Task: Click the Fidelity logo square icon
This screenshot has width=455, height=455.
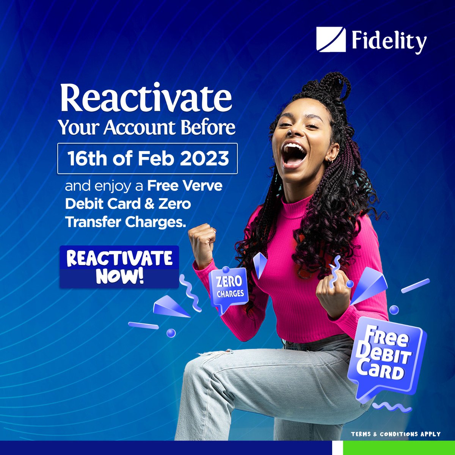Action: pos(331,39)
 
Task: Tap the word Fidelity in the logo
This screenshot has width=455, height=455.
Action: pos(389,41)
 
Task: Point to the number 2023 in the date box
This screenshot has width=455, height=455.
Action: pos(204,158)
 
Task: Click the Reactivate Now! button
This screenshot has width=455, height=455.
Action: pos(119,267)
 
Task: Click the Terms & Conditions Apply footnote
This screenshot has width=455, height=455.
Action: pos(395,434)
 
